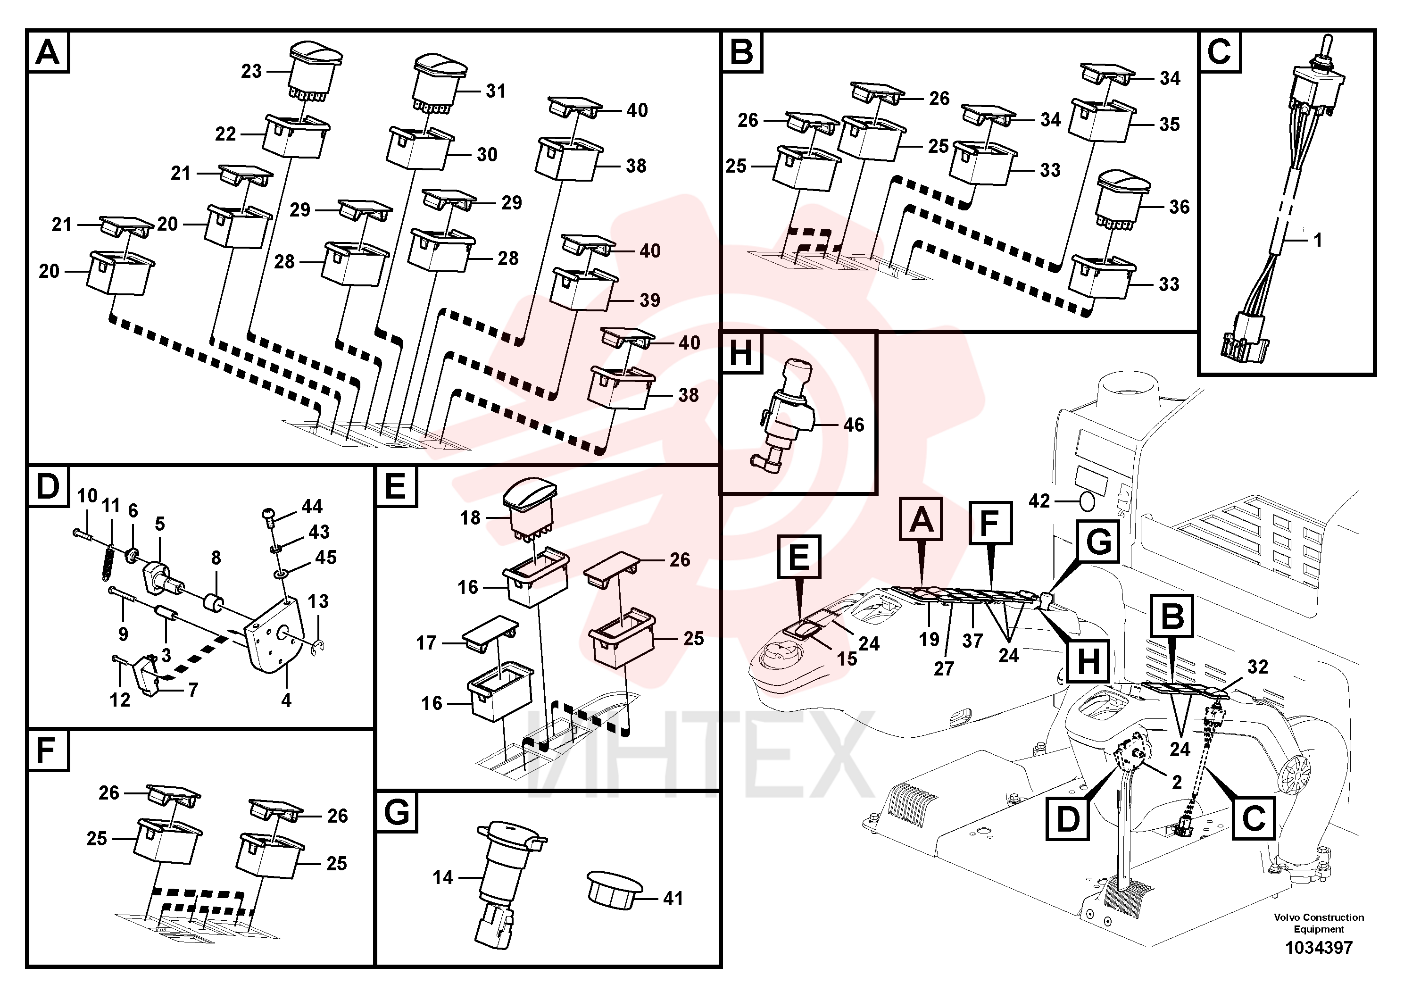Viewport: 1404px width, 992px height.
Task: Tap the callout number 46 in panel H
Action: (854, 425)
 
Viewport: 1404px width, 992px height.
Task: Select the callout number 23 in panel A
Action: (251, 72)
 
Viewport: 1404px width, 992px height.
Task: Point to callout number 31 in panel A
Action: (496, 91)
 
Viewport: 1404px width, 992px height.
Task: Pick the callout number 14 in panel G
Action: (443, 878)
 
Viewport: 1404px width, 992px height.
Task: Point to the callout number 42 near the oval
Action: (1039, 501)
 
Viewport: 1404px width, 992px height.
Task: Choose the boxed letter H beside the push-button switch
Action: (741, 353)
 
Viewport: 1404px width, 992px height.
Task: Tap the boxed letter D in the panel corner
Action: (48, 486)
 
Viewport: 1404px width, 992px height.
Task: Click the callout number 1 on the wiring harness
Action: (1318, 241)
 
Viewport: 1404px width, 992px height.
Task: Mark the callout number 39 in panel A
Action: (649, 300)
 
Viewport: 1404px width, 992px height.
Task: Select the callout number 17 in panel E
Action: (426, 643)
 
